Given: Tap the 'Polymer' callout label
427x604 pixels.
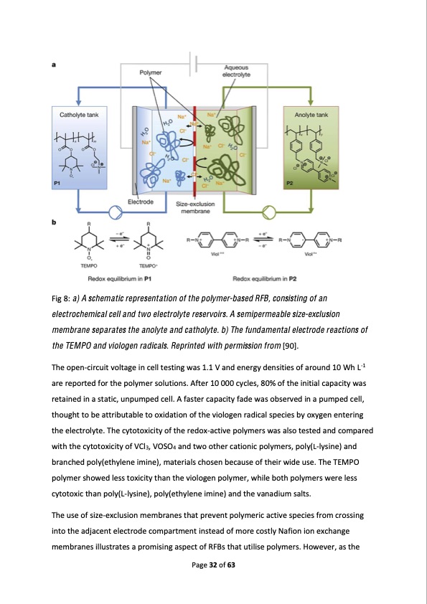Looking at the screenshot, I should tap(150, 72).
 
